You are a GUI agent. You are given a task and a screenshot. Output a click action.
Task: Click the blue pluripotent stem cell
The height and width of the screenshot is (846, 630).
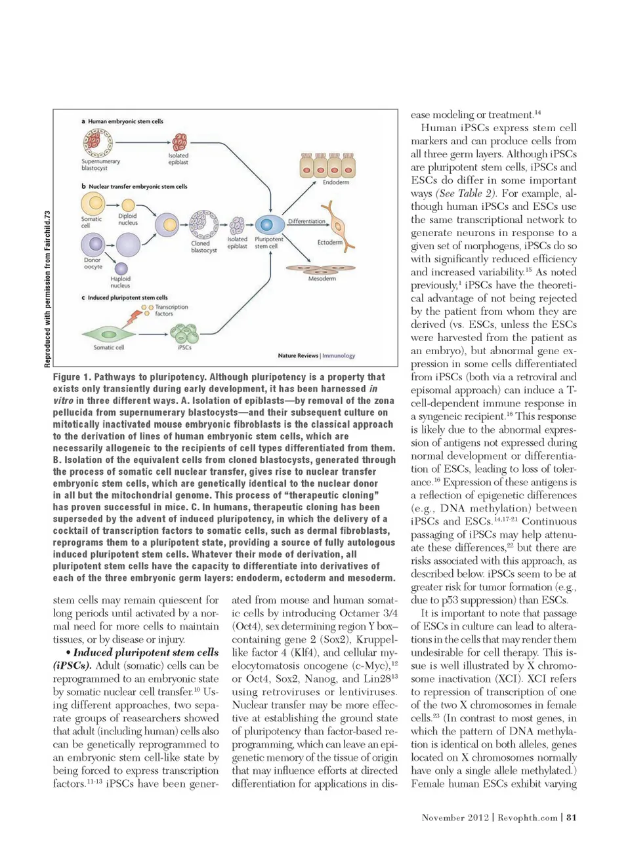point(270,225)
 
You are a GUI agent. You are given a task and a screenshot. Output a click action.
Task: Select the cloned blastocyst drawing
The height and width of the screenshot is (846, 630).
point(203,224)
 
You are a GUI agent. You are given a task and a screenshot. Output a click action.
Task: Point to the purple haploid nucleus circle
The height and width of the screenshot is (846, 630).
point(121,268)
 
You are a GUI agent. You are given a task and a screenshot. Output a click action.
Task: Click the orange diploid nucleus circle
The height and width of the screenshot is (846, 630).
point(129,205)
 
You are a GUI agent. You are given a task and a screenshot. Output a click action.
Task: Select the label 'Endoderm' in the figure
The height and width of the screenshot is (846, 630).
point(335,182)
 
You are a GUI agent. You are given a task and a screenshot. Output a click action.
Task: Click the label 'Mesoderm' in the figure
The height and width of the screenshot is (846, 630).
point(322,279)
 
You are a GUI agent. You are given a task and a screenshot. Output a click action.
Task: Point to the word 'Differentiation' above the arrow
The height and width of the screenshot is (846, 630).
point(306,221)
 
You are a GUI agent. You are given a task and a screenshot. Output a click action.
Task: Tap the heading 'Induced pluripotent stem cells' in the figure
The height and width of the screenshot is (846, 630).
point(127,298)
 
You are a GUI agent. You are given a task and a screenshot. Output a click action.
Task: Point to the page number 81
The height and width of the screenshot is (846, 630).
point(572,817)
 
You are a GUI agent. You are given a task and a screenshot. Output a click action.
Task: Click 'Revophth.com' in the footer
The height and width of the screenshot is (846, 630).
point(527,817)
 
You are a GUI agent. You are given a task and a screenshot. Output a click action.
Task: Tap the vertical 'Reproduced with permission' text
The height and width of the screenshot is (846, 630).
point(47,289)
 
